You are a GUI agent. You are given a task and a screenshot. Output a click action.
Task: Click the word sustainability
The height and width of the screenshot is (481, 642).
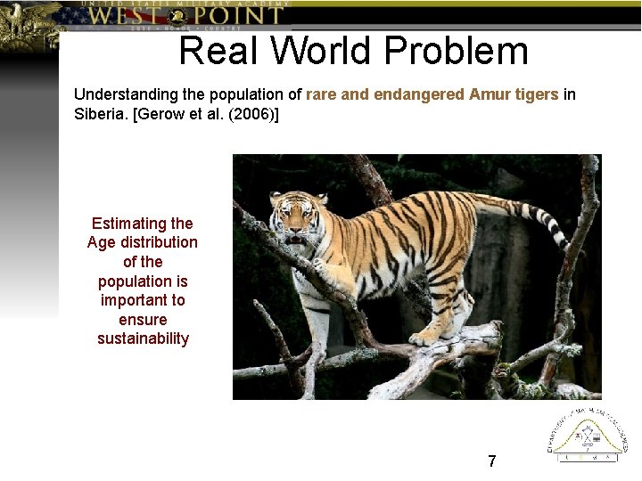click(x=143, y=338)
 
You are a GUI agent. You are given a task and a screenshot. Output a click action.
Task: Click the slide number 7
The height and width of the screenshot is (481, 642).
click(x=491, y=461)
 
